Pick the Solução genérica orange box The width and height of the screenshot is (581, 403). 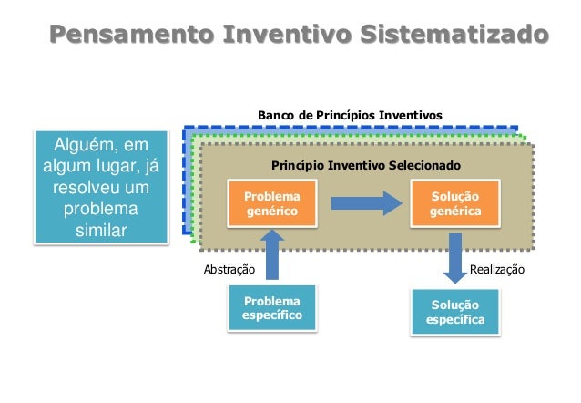point(455,204)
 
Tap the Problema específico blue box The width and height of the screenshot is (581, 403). point(270,308)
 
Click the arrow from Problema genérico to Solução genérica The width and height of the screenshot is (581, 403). point(365,203)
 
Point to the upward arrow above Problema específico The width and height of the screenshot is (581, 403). point(270,253)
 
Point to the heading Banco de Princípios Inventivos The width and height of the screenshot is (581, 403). point(350,116)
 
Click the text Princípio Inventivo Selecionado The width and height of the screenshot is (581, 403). point(367,166)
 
